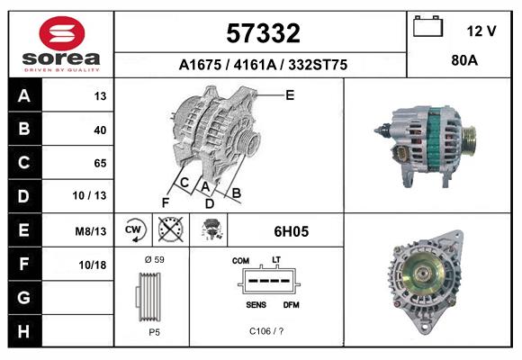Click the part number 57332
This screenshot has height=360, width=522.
[x=263, y=34]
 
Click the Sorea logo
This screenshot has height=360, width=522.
[x=61, y=43]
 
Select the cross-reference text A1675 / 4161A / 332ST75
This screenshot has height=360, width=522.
[x=263, y=66]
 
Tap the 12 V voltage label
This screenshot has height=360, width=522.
[x=481, y=31]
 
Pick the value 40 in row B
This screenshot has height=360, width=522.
[x=101, y=130]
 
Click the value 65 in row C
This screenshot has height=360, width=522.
[x=101, y=163]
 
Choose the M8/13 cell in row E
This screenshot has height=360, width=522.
[x=92, y=231]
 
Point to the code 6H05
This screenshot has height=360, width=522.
[x=291, y=231]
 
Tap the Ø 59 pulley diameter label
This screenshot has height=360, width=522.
[x=152, y=260]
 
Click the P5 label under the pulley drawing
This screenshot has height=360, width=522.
[x=152, y=331]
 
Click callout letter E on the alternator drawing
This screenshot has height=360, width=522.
[x=290, y=94]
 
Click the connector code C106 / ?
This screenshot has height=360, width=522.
[x=267, y=331]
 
